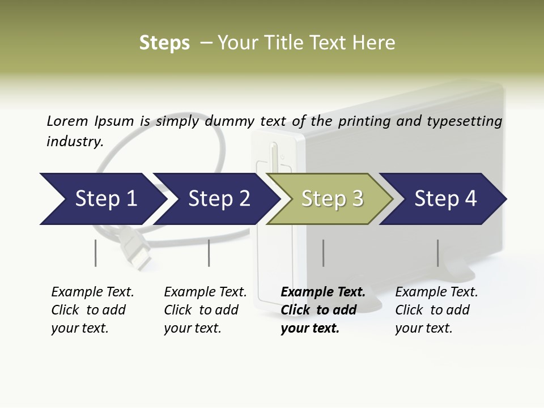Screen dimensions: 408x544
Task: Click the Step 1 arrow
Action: click(102, 199)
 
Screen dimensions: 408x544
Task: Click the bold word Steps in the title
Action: click(164, 43)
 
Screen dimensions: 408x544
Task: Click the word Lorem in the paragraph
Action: click(67, 121)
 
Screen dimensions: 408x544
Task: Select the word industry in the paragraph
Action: click(74, 142)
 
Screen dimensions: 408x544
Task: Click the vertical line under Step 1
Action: click(95, 253)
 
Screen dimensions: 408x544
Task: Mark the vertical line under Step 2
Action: click(209, 253)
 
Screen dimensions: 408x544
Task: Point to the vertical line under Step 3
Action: click(323, 253)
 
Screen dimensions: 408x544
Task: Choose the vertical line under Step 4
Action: click(437, 253)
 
